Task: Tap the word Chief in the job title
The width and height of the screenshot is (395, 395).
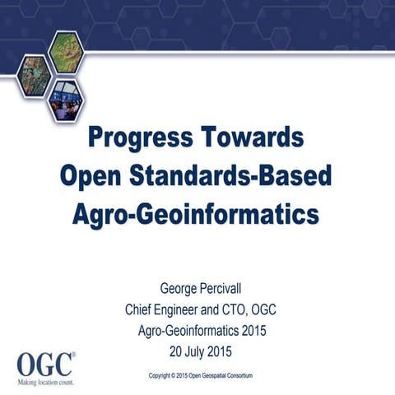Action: click(x=141, y=310)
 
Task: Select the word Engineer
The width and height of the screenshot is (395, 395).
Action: click(x=188, y=310)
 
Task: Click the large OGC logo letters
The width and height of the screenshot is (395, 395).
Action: click(x=45, y=363)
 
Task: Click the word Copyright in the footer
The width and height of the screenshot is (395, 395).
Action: click(x=164, y=375)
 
